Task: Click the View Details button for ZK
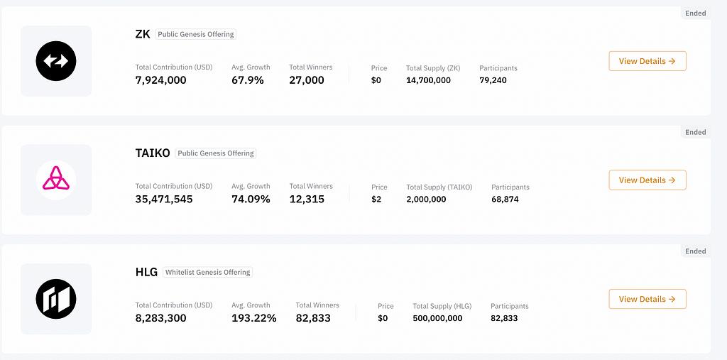pyautogui.click(x=647, y=61)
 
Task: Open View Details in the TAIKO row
pyautogui.click(x=647, y=180)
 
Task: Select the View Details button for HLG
pyautogui.click(x=647, y=299)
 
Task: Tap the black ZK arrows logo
pyautogui.click(x=56, y=61)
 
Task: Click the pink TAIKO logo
pyautogui.click(x=56, y=180)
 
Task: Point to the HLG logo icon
pyautogui.click(x=56, y=299)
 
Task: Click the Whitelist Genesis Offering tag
pyautogui.click(x=207, y=272)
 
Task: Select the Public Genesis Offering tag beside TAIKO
pyautogui.click(x=216, y=153)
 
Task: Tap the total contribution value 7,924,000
pyautogui.click(x=160, y=80)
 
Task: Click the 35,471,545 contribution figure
pyautogui.click(x=163, y=200)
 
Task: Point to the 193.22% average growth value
pyautogui.click(x=253, y=318)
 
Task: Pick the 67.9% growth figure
pyautogui.click(x=247, y=80)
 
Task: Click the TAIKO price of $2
pyautogui.click(x=376, y=200)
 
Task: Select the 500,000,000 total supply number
pyautogui.click(x=437, y=318)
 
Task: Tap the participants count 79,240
pyautogui.click(x=493, y=80)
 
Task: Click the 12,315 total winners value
pyautogui.click(x=307, y=200)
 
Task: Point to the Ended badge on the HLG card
pyautogui.click(x=695, y=251)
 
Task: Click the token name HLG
pyautogui.click(x=146, y=272)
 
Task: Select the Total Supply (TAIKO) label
pyautogui.click(x=439, y=187)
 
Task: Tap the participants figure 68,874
pyautogui.click(x=505, y=200)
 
